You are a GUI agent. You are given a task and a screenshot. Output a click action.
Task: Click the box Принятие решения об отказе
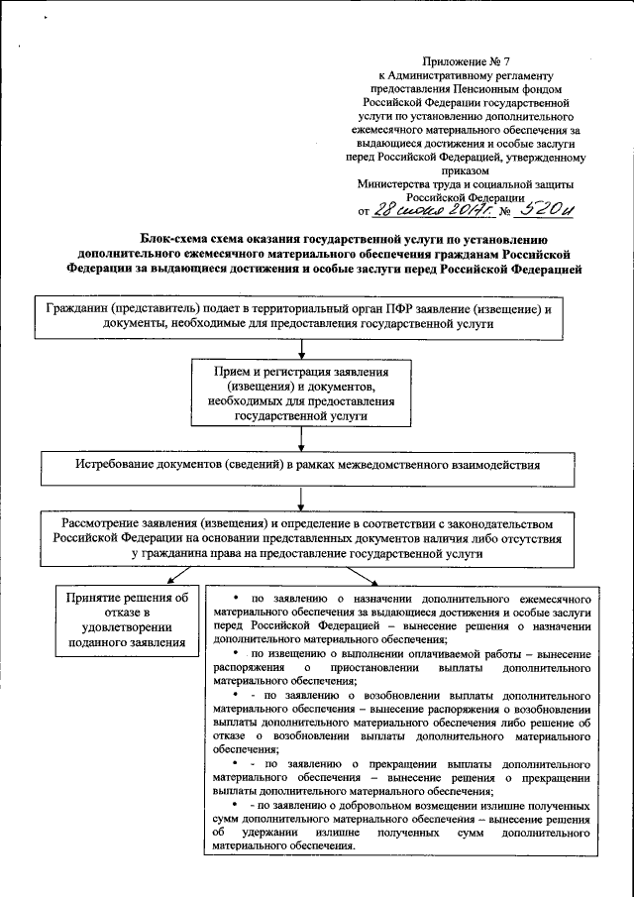(126, 620)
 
